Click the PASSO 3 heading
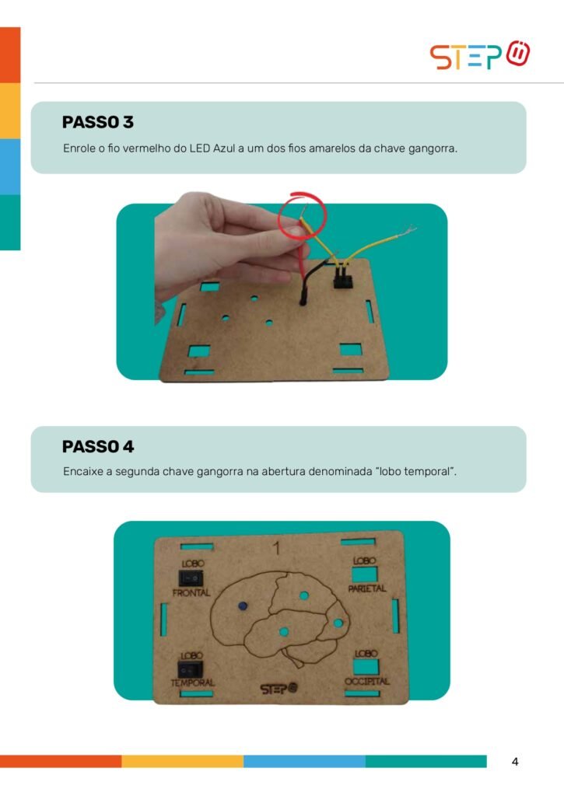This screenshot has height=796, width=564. (97, 122)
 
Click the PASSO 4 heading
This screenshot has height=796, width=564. (98, 446)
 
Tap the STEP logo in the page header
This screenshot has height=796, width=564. (480, 55)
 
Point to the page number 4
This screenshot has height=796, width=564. (515, 762)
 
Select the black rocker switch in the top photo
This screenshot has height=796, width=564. (343, 278)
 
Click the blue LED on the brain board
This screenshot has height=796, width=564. (243, 606)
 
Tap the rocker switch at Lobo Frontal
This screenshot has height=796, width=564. (191, 578)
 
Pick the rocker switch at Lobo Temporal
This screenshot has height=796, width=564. (190, 669)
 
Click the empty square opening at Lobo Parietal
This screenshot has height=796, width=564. (365, 574)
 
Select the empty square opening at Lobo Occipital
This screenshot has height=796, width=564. (366, 666)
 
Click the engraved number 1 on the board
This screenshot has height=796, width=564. (276, 548)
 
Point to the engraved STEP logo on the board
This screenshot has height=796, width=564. (278, 689)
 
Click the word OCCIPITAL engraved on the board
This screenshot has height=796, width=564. (367, 681)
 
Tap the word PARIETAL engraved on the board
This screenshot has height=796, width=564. (367, 589)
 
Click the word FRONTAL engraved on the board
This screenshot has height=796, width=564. (191, 592)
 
